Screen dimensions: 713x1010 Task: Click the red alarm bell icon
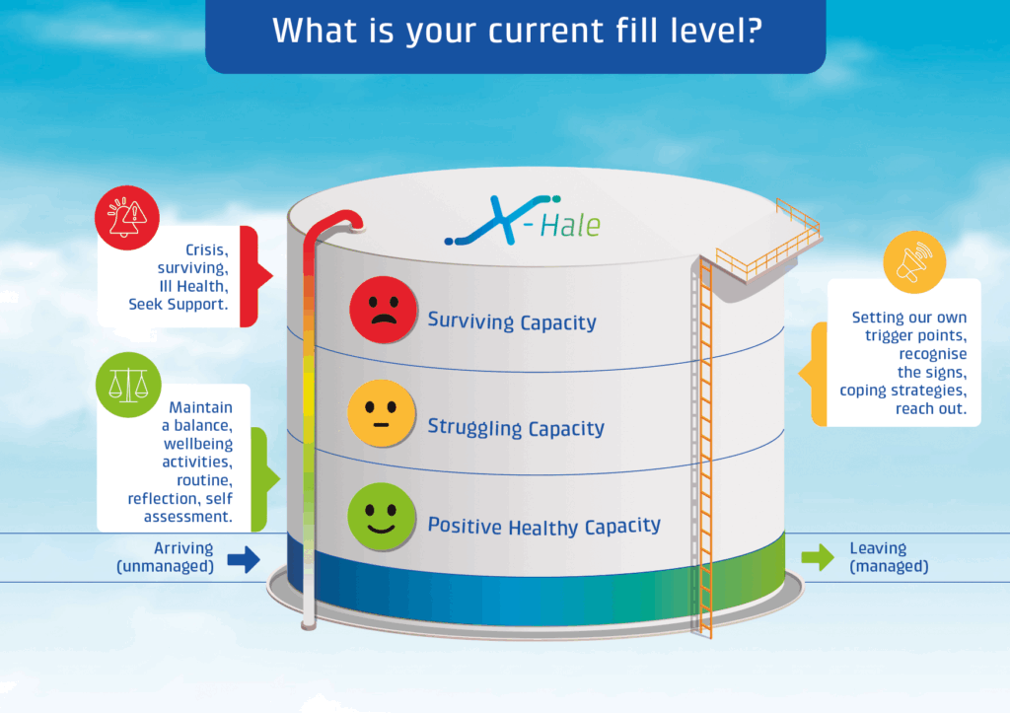[x=127, y=219]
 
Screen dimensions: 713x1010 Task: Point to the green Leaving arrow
[x=817, y=558]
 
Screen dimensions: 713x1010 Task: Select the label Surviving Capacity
[x=511, y=321]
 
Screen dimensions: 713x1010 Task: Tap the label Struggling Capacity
[x=515, y=428]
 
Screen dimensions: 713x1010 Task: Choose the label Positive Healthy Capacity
[x=543, y=527]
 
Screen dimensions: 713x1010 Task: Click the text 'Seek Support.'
[x=178, y=305]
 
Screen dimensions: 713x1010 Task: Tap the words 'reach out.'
[x=930, y=407]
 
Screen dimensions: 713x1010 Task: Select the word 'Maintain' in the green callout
[x=200, y=406]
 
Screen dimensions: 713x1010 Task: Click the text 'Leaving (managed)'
[x=888, y=557]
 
